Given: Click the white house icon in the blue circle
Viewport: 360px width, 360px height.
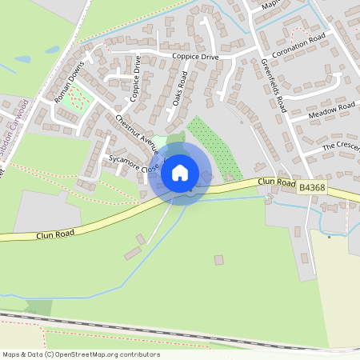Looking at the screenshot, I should (180, 172).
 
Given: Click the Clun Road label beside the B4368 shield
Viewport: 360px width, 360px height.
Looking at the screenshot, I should (277, 182).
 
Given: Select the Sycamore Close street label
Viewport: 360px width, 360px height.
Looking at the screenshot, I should (134, 162).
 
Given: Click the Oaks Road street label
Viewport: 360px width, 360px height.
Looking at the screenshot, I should (180, 90).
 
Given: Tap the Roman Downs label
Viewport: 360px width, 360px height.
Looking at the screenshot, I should (68, 82).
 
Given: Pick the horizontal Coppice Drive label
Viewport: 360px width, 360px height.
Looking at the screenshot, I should (194, 57).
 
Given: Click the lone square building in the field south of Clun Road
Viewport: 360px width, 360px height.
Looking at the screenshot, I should (218, 260).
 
